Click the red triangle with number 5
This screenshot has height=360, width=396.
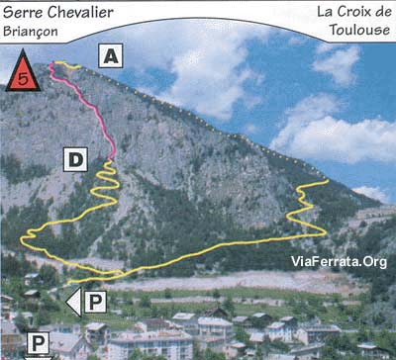(x=23, y=72)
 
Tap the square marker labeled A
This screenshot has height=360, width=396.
(x=111, y=55)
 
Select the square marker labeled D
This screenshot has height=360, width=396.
(x=75, y=159)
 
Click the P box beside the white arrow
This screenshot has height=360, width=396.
(x=95, y=302)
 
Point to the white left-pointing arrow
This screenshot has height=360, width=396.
(x=74, y=302)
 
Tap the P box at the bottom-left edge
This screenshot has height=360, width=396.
(x=38, y=343)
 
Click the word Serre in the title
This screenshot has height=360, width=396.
(x=23, y=13)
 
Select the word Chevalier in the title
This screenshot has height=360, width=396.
(x=80, y=13)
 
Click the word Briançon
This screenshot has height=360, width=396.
(x=31, y=32)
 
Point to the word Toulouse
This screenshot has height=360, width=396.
(x=359, y=30)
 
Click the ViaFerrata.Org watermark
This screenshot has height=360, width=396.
(x=339, y=262)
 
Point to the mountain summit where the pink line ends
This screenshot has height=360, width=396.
(x=52, y=63)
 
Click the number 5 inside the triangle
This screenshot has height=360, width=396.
(x=23, y=79)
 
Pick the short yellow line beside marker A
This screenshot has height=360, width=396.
(x=67, y=65)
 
